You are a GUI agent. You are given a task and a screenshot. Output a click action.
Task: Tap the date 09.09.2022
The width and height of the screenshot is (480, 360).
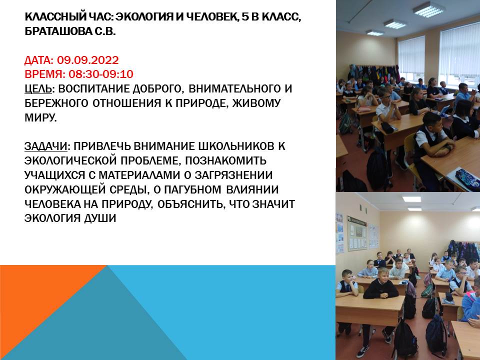88,60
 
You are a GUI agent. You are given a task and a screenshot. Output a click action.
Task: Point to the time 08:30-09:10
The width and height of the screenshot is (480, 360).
100,74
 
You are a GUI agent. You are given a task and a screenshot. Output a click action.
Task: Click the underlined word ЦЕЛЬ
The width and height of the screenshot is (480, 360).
38,89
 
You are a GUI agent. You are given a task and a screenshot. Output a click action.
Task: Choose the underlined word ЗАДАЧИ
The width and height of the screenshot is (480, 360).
45,146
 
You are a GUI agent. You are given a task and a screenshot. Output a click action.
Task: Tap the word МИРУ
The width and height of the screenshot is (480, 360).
40,117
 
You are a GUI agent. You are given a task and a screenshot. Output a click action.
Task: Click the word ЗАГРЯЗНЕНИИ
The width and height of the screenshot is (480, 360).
234,175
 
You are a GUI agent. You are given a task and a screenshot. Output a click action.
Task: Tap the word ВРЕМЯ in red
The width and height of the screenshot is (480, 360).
44,74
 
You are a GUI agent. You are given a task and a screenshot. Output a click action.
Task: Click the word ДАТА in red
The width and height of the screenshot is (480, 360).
38,60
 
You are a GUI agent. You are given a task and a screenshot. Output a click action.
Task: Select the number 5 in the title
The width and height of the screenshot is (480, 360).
245,17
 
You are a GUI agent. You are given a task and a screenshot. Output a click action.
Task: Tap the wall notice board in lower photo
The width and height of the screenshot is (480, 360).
357,233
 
